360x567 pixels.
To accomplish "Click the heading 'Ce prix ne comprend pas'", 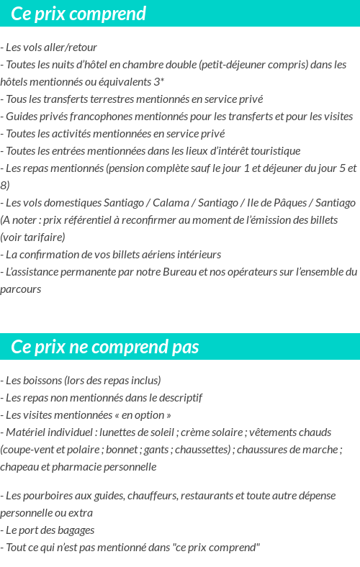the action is [105, 348].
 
